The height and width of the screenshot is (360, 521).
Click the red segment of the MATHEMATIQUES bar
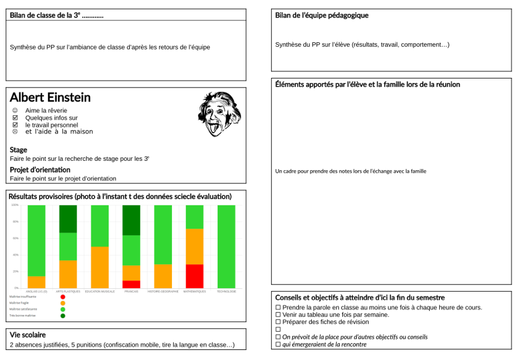click(x=195, y=276)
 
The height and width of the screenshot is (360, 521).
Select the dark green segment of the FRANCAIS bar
click(x=131, y=220)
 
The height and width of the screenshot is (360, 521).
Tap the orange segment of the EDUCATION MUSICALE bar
click(x=100, y=267)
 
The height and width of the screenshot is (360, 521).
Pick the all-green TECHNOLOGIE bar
click(x=226, y=247)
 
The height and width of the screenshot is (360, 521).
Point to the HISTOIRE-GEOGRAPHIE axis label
click(x=163, y=292)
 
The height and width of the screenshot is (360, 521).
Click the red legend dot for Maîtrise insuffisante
click(x=63, y=297)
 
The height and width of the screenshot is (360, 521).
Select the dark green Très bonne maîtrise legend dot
click(x=63, y=315)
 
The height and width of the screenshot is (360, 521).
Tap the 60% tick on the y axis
click(x=15, y=238)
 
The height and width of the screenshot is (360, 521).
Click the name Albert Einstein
click(x=50, y=97)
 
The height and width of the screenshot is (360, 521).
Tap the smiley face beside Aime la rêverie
click(x=15, y=111)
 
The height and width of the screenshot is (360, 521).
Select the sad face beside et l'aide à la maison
click(x=15, y=131)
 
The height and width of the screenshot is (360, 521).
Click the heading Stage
click(x=18, y=150)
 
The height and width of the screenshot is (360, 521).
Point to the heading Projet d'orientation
click(x=40, y=169)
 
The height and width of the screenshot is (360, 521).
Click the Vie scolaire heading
click(x=28, y=335)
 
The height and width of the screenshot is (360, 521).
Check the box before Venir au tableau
click(x=278, y=315)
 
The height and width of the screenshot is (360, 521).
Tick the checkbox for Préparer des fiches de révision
click(x=278, y=322)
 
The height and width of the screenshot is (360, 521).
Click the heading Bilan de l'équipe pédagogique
click(x=321, y=15)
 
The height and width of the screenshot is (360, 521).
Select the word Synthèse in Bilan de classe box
click(x=23, y=47)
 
